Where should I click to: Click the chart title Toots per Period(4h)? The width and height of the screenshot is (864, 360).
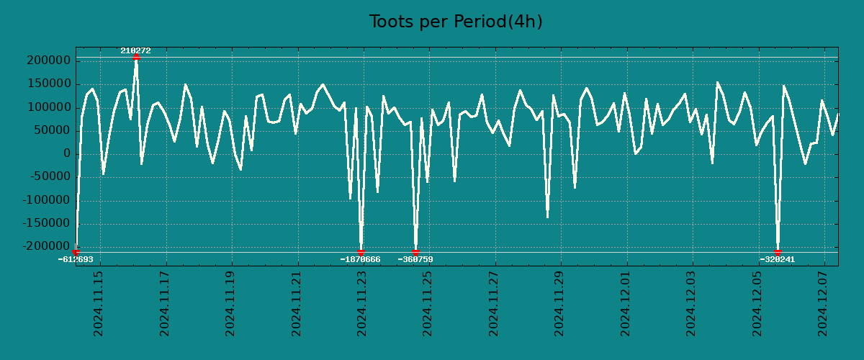pyautogui.click(x=456, y=22)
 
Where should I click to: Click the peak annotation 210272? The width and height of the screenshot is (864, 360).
pyautogui.click(x=135, y=51)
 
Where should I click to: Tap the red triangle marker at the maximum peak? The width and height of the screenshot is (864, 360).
pyautogui.click(x=136, y=57)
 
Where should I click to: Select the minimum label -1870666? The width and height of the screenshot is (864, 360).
pyautogui.click(x=360, y=259)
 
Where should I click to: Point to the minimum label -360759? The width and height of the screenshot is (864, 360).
pyautogui.click(x=415, y=259)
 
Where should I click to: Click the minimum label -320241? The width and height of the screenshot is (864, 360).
pyautogui.click(x=777, y=259)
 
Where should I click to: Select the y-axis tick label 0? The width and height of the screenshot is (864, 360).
pyautogui.click(x=67, y=154)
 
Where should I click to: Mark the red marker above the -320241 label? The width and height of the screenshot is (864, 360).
pyautogui.click(x=778, y=252)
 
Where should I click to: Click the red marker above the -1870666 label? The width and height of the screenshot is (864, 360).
pyautogui.click(x=361, y=252)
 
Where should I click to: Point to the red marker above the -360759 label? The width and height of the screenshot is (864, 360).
pyautogui.click(x=415, y=252)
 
